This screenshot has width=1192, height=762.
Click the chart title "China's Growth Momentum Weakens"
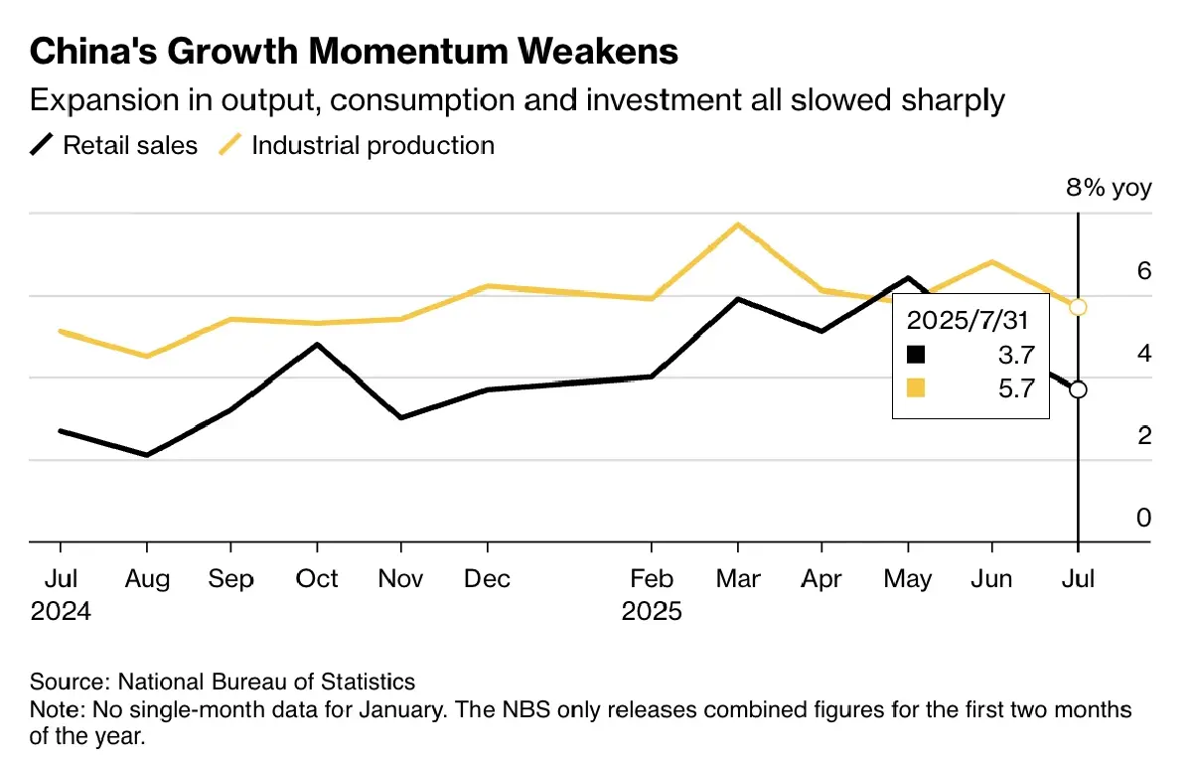pyautogui.click(x=355, y=51)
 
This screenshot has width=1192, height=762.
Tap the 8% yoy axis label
pyautogui.click(x=1109, y=188)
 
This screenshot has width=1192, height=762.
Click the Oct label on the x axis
pyautogui.click(x=317, y=578)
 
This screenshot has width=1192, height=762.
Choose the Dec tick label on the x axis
pyautogui.click(x=487, y=578)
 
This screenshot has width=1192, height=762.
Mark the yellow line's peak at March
pyautogui.click(x=737, y=225)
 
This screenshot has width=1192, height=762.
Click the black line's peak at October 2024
pyautogui.click(x=317, y=345)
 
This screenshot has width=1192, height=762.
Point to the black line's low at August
pyautogui.click(x=147, y=455)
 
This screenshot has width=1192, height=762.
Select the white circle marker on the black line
pyautogui.click(x=1078, y=389)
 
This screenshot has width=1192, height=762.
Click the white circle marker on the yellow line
pyautogui.click(x=1078, y=307)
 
